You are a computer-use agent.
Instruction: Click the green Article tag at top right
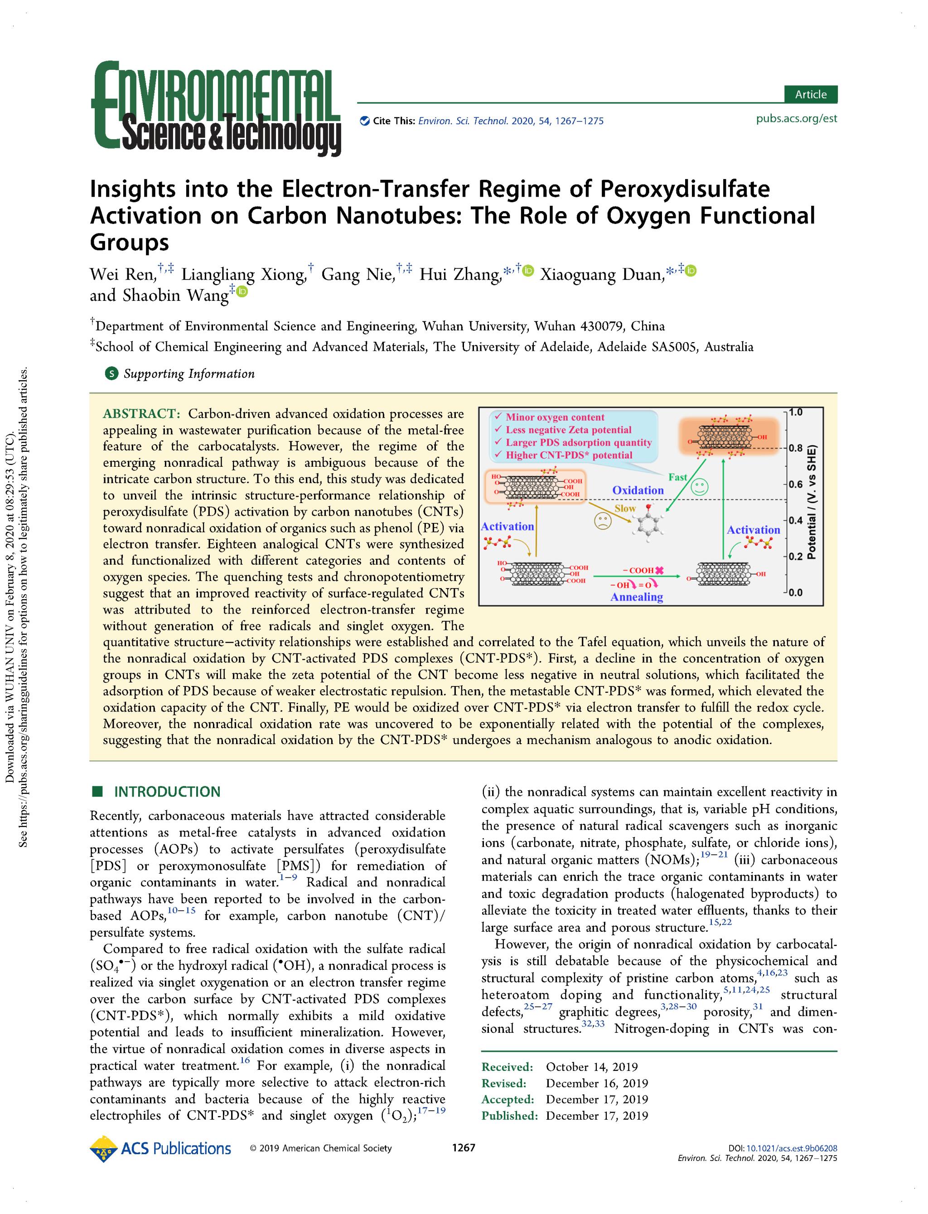click(x=810, y=94)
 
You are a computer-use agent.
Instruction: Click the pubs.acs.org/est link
click(x=796, y=119)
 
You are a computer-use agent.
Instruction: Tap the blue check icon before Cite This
click(x=365, y=121)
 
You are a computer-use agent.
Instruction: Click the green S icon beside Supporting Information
click(x=111, y=374)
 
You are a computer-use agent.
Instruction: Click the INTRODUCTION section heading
click(x=167, y=792)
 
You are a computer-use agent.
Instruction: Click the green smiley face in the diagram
click(x=700, y=487)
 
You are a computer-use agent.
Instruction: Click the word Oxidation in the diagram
click(x=638, y=490)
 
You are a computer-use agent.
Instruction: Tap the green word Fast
click(x=678, y=477)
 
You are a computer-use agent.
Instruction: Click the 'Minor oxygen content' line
click(x=555, y=417)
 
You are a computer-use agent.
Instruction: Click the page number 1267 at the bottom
click(x=464, y=1148)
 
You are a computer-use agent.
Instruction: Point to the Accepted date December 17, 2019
click(x=597, y=1099)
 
